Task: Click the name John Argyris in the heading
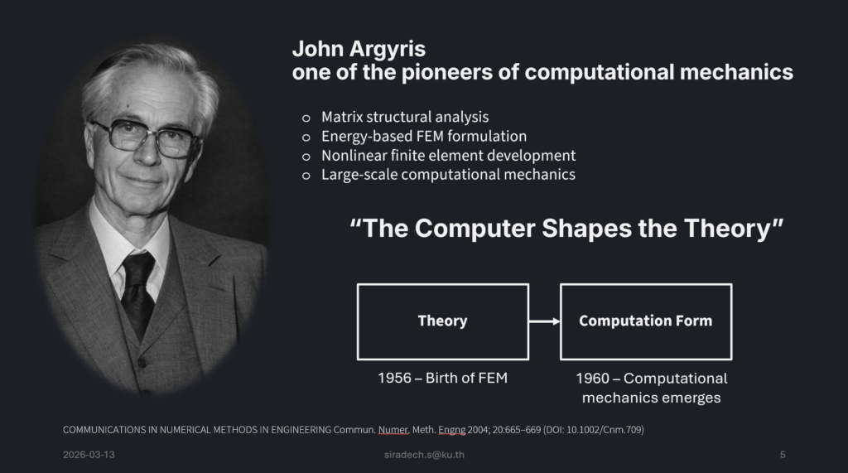coord(359,49)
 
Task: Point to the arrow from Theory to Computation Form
coord(545,321)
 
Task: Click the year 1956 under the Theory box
coord(394,378)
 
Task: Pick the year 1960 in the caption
coord(593,379)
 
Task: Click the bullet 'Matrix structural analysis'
coord(405,117)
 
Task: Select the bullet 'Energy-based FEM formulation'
coord(424,137)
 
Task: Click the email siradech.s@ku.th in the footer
coord(424,455)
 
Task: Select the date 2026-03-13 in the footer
coord(89,455)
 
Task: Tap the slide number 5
coord(783,455)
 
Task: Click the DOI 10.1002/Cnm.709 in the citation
coord(604,430)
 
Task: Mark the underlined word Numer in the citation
coord(393,430)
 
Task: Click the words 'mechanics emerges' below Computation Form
coord(651,398)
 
